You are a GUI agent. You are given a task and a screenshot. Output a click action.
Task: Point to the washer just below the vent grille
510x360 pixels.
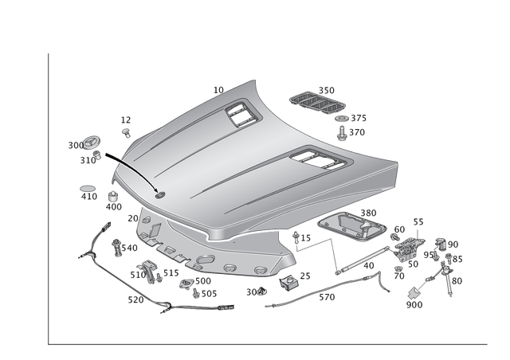click(x=341, y=119)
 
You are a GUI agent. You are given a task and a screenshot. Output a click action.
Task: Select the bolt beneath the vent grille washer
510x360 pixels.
click(x=341, y=132)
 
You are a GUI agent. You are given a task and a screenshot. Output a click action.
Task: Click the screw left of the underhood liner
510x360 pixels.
click(x=117, y=246)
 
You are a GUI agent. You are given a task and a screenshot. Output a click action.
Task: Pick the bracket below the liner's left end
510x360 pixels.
click(x=149, y=272)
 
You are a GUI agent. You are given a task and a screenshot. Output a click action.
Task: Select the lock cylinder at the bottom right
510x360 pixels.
click(x=414, y=300)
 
